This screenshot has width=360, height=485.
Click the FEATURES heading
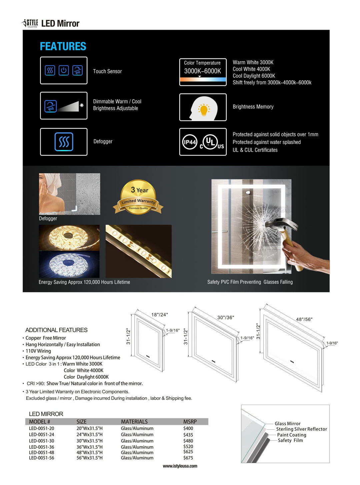tap(63, 46)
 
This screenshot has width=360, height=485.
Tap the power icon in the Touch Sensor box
tap(64, 70)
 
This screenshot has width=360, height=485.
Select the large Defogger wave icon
tap(64, 142)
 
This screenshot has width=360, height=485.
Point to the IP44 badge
tap(190, 142)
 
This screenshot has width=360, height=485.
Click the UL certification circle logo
tap(210, 142)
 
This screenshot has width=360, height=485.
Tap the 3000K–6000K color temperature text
tap(203, 71)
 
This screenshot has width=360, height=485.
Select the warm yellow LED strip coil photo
tap(69, 237)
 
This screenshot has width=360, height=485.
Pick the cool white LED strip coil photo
tap(69, 264)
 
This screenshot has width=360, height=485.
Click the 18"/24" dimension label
tap(160, 315)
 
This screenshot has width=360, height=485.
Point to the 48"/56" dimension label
tap(304, 319)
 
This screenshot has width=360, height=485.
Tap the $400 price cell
tap(188, 428)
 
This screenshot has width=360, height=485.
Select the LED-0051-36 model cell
tap(41, 447)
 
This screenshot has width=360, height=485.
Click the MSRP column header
tap(190, 422)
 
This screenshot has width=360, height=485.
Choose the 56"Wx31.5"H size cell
tap(89, 458)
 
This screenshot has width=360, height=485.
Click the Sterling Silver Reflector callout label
tap(301, 429)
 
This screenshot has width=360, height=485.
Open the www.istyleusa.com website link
tap(180, 466)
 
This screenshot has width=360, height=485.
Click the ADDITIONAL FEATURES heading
tap(56, 330)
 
